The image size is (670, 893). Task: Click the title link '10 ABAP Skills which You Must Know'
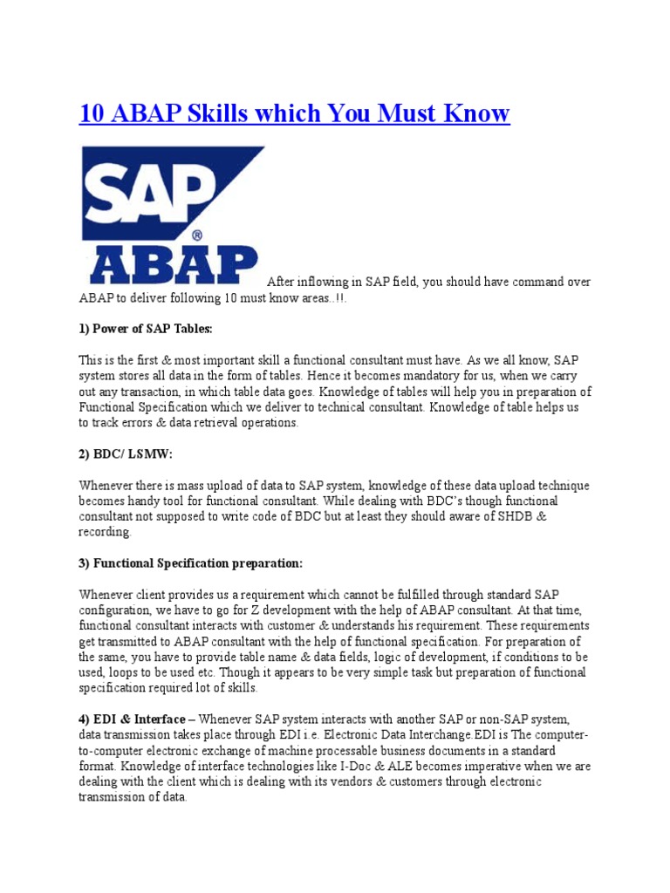coord(294,113)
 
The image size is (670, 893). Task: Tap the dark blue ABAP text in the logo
coord(170,263)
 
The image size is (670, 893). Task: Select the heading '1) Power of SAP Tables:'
coord(146,329)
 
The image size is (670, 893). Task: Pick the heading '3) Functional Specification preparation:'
coord(191,563)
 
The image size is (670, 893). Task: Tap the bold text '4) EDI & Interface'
coord(132,719)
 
